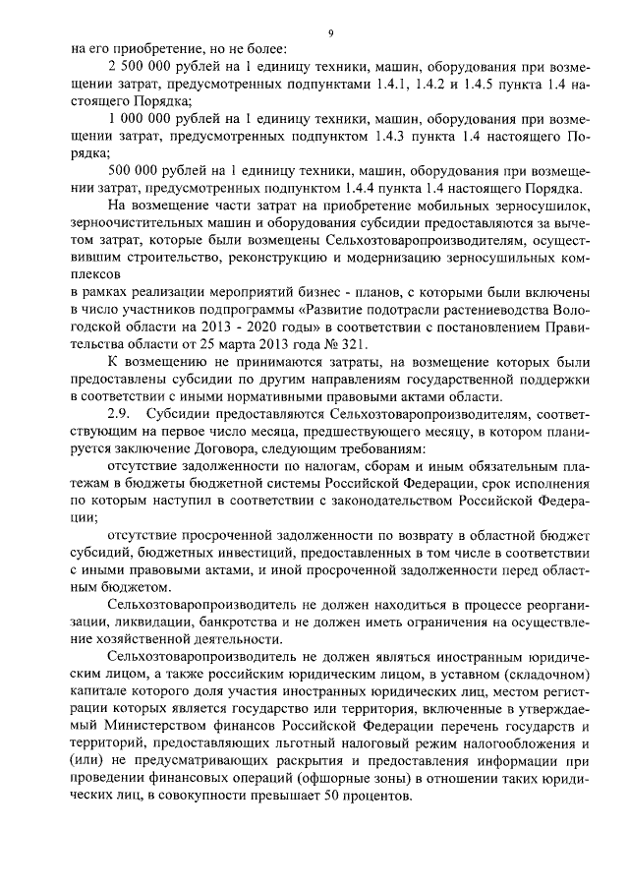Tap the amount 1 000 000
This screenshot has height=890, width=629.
coord(139,120)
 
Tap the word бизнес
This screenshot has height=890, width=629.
coord(324,293)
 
